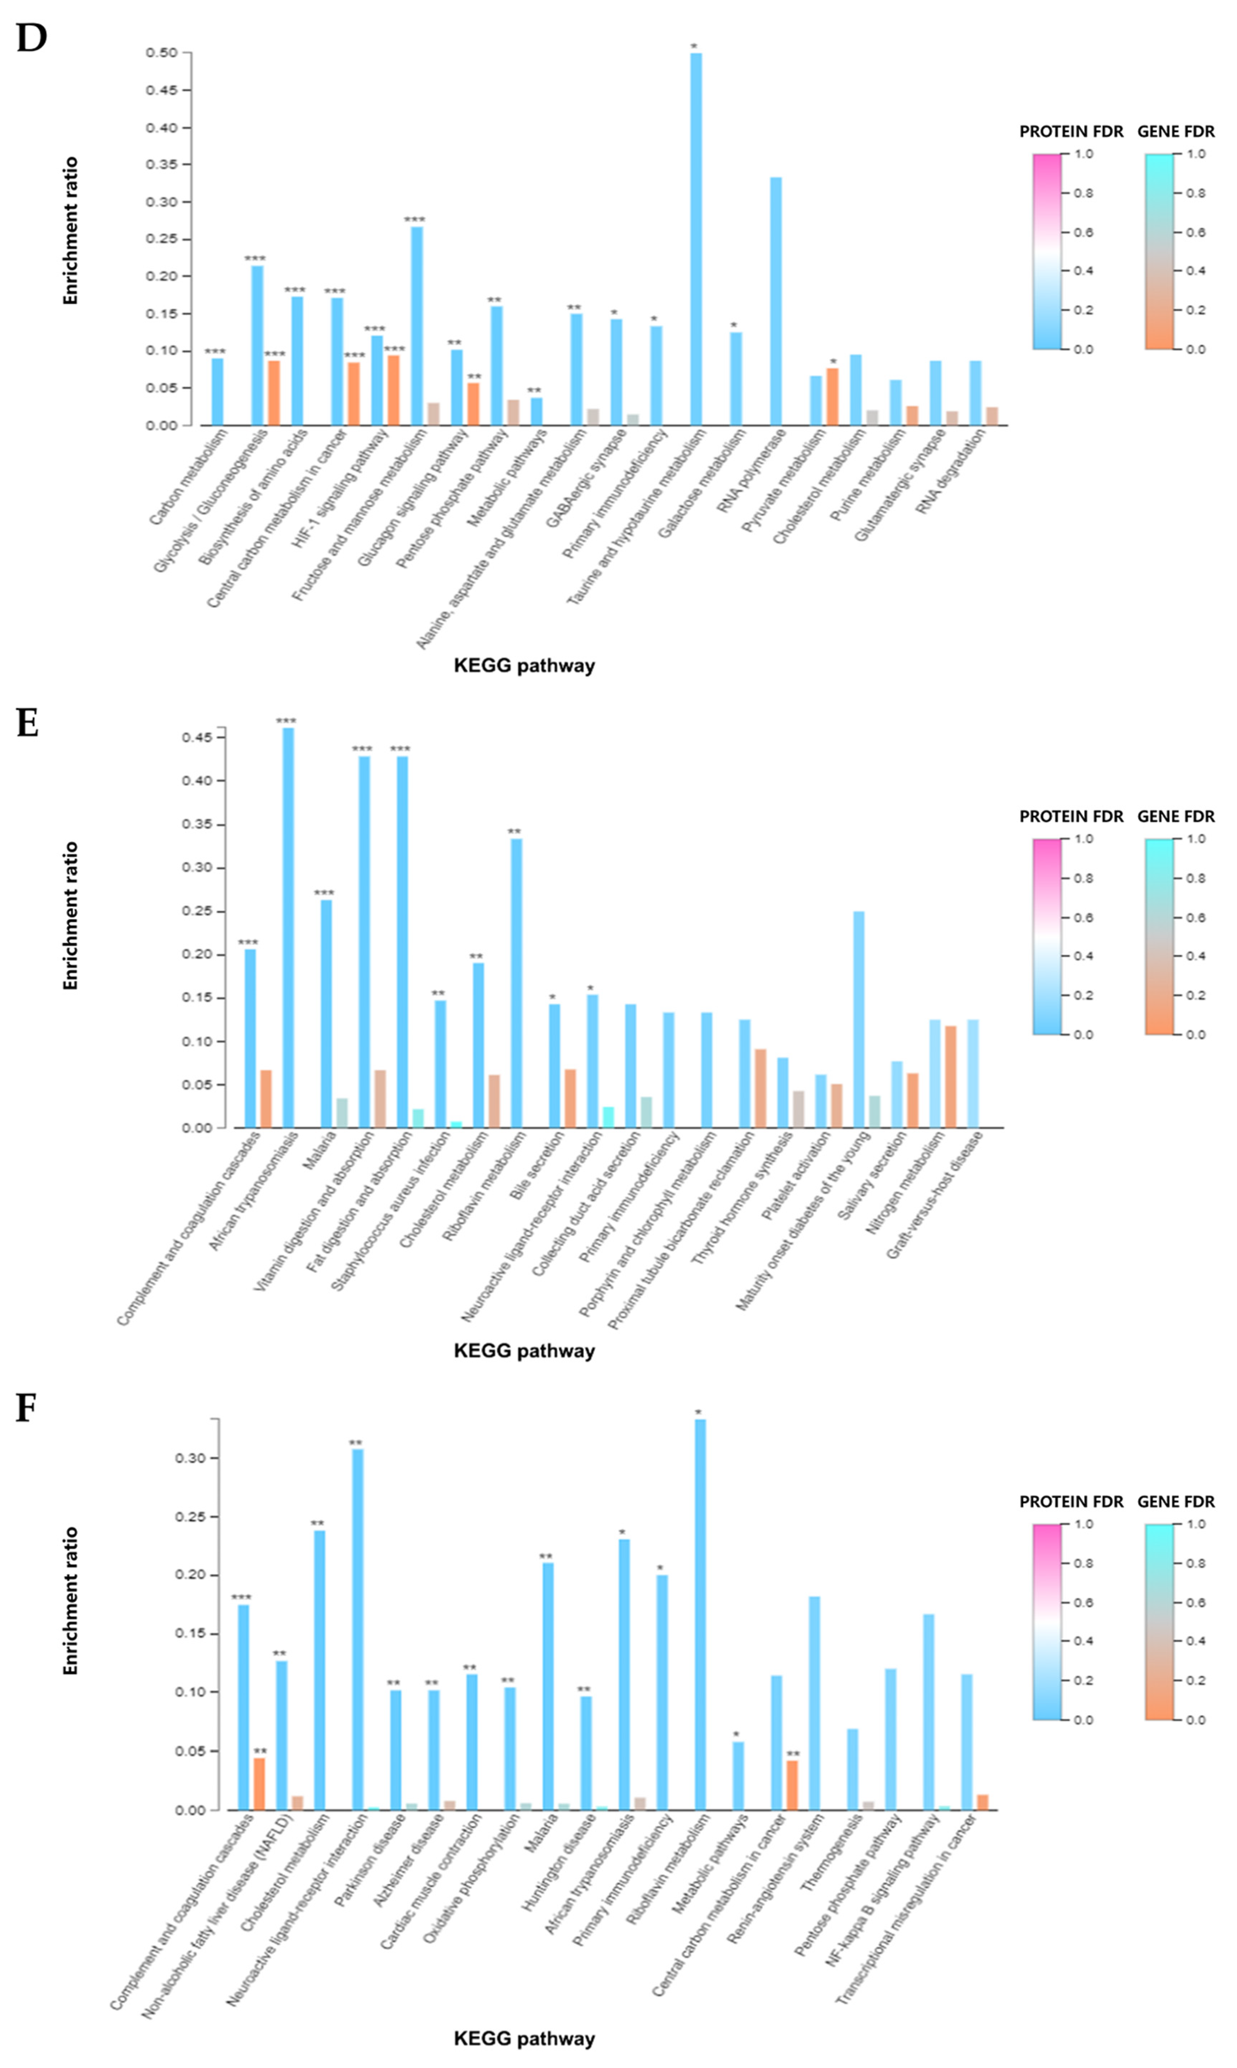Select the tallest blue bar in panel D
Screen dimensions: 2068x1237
click(696, 242)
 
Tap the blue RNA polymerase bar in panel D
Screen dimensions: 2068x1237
click(775, 302)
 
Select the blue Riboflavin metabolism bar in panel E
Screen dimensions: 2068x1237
click(516, 984)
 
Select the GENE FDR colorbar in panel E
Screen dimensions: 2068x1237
click(1159, 936)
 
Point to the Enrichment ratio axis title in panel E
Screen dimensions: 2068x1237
click(71, 915)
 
